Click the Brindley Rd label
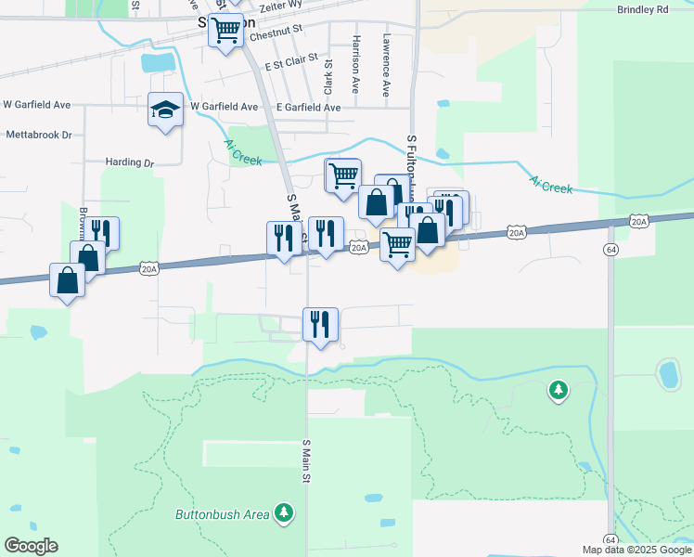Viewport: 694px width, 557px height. [642, 9]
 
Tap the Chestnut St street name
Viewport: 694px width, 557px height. [276, 30]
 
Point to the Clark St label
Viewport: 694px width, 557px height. [328, 75]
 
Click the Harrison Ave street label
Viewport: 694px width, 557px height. [356, 64]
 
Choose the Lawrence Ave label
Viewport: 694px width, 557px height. [386, 66]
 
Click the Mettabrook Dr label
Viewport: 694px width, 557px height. [39, 135]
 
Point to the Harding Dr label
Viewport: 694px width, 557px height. [129, 162]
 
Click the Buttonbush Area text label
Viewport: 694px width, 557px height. [223, 513]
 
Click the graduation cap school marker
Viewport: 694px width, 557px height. [165, 110]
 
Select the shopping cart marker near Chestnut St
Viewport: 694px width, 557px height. [225, 31]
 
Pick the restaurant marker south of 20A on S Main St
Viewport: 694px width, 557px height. [320, 325]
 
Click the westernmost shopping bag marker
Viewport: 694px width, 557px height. [68, 279]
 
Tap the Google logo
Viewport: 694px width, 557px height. [31, 546]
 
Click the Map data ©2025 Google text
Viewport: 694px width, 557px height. [636, 550]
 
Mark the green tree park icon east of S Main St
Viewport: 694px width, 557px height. [559, 392]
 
